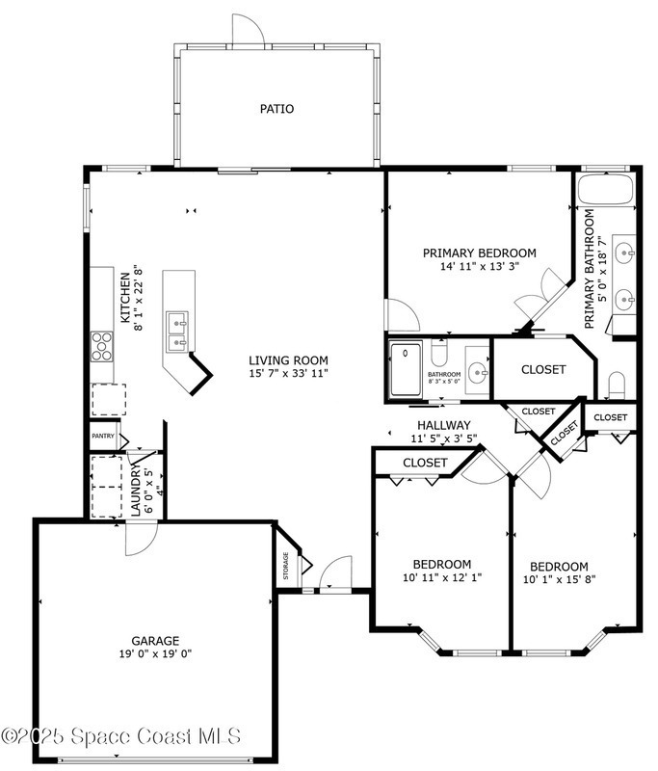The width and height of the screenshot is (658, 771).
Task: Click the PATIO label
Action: click(x=276, y=109)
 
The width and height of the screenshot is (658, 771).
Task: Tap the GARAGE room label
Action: click(x=155, y=641)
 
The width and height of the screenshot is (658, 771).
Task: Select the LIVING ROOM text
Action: click(x=288, y=360)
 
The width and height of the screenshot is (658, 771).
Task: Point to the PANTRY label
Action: click(x=103, y=436)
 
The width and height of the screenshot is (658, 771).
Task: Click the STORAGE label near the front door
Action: click(x=286, y=566)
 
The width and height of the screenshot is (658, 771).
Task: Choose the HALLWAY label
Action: click(x=444, y=425)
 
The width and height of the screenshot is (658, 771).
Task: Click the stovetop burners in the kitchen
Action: click(x=102, y=347)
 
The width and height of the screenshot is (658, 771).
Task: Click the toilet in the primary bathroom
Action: click(x=617, y=385)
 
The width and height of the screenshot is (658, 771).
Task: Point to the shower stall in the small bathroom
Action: click(x=406, y=369)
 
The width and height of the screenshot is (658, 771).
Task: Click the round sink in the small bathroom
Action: click(x=477, y=373)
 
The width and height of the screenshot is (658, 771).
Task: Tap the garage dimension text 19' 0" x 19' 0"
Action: click(x=155, y=653)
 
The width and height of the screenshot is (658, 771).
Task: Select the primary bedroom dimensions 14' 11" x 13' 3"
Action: click(x=480, y=266)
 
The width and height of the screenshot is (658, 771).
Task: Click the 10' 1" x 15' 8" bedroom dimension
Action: click(x=559, y=579)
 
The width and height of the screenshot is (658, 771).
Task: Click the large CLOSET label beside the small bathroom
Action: click(x=543, y=369)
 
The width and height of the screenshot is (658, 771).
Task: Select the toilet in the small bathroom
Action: click(x=439, y=352)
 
